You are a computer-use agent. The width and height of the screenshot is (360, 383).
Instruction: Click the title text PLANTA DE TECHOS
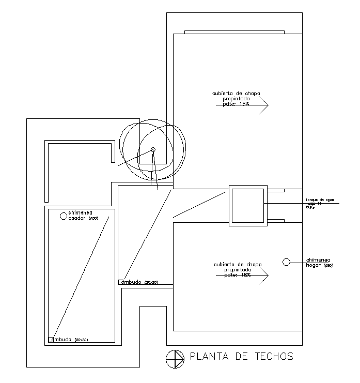tap(241, 356)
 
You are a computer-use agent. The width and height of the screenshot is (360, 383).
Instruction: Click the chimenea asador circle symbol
tap(63, 215)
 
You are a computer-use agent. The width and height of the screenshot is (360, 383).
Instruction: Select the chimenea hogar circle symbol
tap(286, 262)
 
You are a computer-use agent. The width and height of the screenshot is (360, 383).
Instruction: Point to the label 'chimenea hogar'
tap(318, 263)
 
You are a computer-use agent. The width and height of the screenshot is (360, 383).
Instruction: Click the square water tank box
tap(248, 205)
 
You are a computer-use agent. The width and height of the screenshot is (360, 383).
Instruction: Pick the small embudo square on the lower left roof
tap(51, 340)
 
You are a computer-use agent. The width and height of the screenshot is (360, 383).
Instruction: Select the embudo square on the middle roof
tap(121, 282)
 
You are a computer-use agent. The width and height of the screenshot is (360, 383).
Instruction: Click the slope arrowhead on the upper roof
tap(264, 105)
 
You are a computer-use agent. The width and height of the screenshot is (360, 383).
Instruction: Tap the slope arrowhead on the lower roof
tap(264, 276)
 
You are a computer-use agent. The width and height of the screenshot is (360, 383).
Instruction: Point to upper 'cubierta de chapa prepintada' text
tap(236, 96)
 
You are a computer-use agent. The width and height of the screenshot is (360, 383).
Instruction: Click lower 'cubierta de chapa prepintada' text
tap(238, 267)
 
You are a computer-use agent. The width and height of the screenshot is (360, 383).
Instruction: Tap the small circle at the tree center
tap(153, 150)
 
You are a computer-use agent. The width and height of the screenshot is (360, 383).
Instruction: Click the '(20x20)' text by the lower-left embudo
tap(82, 340)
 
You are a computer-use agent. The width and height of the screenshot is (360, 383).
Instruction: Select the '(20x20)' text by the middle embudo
tap(151, 283)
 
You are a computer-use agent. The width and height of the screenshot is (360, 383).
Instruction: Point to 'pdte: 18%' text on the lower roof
tap(238, 275)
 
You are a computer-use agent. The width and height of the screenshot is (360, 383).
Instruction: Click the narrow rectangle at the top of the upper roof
tap(234, 32)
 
